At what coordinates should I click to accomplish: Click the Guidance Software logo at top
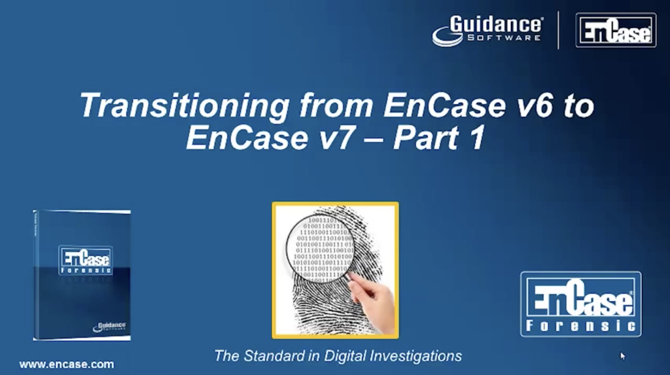point(488,30)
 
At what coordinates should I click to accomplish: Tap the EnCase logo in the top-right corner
point(615,30)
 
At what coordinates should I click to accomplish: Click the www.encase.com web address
point(66,365)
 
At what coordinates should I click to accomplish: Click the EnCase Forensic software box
point(82,275)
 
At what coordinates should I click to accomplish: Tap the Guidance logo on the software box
point(110,325)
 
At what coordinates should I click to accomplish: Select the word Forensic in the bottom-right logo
point(580,325)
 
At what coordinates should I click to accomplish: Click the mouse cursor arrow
point(622,355)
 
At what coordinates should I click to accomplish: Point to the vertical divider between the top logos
point(558,30)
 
